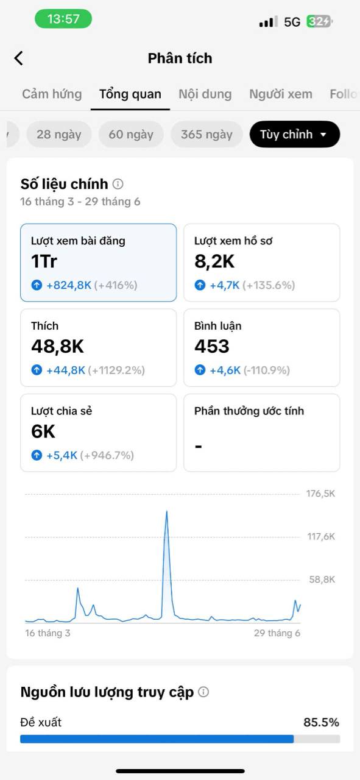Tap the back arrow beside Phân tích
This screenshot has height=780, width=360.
point(19,58)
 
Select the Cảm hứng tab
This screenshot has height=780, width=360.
point(52,94)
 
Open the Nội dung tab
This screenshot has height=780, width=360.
point(205,94)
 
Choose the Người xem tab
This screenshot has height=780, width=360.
point(281,94)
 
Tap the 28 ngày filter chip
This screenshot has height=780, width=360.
point(59,134)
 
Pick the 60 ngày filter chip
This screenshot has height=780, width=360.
point(131,134)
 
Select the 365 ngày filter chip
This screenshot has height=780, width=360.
point(206,134)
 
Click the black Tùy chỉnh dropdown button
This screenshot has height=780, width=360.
point(295,134)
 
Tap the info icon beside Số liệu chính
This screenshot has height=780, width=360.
point(118,184)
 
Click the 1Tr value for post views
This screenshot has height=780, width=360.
point(44,261)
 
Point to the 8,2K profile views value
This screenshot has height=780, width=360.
point(214,261)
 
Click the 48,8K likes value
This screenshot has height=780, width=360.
point(57,347)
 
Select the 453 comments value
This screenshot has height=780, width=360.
point(212,347)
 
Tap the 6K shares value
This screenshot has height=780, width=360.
point(43,431)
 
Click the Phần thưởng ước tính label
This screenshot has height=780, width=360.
point(249,411)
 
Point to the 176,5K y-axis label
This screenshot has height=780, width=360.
point(320,494)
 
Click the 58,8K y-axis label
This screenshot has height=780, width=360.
point(322,580)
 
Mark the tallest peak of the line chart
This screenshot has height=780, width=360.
point(167,511)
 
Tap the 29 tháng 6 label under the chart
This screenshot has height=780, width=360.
point(277,633)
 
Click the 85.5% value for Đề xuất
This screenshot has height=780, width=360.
point(321,722)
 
